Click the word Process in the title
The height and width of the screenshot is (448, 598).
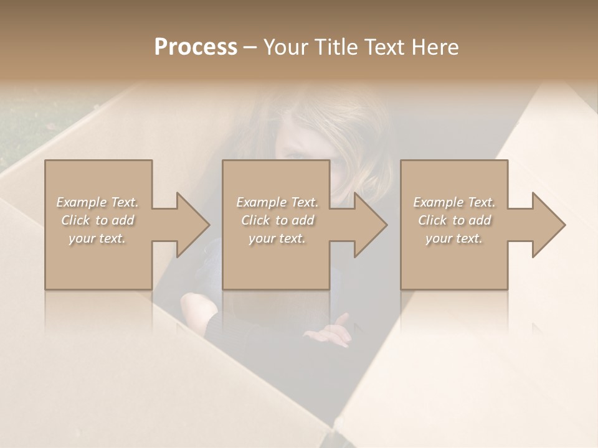click(x=196, y=47)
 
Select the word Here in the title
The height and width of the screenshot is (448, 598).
click(x=435, y=47)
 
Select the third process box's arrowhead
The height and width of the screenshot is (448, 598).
click(x=548, y=225)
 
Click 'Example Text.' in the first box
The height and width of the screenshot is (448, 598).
click(x=98, y=202)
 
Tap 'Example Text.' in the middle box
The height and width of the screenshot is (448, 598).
click(x=277, y=202)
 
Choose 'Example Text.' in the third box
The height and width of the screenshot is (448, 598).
click(x=454, y=202)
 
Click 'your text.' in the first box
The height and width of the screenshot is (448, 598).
click(x=98, y=238)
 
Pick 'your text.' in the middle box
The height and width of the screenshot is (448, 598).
click(x=277, y=238)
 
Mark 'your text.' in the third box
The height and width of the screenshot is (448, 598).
click(x=454, y=238)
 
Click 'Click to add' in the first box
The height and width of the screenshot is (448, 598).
click(x=98, y=220)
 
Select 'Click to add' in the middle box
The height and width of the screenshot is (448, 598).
click(x=277, y=220)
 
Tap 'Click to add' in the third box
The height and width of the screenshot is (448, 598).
click(x=454, y=220)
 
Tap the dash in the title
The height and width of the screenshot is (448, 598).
click(x=250, y=47)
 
